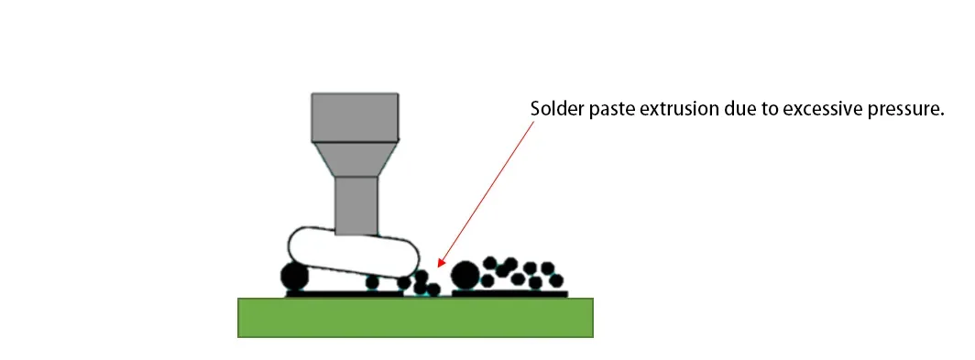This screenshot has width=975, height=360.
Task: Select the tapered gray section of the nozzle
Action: (355, 159)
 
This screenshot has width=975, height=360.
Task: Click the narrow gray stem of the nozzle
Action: (356, 205)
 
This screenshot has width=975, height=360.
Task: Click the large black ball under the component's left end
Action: (295, 276)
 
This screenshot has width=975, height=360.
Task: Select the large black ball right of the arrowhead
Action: (466, 274)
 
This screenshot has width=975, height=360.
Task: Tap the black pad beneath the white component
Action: (344, 294)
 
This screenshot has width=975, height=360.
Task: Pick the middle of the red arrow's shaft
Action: (486, 192)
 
